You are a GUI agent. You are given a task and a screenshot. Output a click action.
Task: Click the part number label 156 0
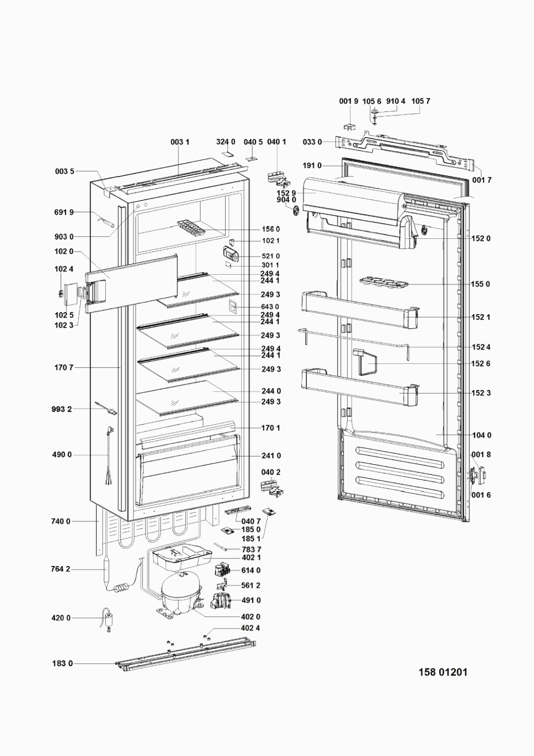click(271, 229)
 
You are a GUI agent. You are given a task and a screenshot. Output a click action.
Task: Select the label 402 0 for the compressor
click(251, 616)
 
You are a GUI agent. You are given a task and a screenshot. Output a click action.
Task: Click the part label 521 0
click(271, 256)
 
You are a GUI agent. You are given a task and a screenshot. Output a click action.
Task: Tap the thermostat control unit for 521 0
click(230, 254)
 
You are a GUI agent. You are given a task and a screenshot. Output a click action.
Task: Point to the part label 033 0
click(312, 142)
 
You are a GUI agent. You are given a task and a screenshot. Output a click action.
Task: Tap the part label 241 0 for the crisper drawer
click(271, 456)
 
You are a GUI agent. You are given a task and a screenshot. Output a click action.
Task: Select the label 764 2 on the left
click(61, 570)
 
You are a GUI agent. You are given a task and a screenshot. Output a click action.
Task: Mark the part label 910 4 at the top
click(395, 101)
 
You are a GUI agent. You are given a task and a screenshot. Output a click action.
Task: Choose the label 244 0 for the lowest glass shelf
click(271, 391)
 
